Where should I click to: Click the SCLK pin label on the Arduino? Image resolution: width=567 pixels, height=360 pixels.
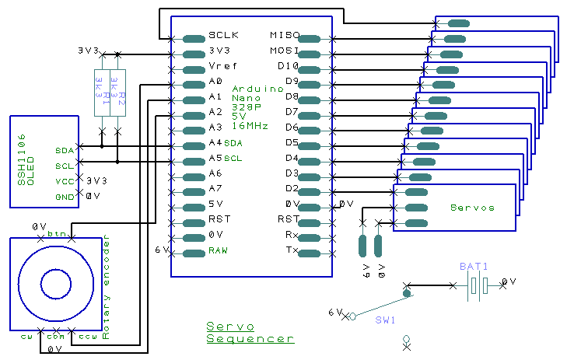pyautogui.click(x=223, y=36)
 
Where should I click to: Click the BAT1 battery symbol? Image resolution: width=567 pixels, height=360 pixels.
pyautogui.click(x=477, y=287)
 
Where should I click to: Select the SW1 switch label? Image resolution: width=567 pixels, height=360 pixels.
pyautogui.click(x=386, y=320)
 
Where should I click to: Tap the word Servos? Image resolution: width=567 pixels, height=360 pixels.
pyautogui.click(x=472, y=208)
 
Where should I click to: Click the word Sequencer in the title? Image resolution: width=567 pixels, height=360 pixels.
pyautogui.click(x=250, y=338)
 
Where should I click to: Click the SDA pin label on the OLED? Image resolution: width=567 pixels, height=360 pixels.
pyautogui.click(x=65, y=150)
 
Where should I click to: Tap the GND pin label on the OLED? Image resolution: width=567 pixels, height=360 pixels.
pyautogui.click(x=65, y=197)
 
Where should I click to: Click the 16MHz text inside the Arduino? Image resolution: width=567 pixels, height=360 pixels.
pyautogui.click(x=250, y=125)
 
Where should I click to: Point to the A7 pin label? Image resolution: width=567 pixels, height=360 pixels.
pyautogui.click(x=215, y=189)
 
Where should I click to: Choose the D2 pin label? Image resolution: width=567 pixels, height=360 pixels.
pyautogui.click(x=292, y=189)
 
